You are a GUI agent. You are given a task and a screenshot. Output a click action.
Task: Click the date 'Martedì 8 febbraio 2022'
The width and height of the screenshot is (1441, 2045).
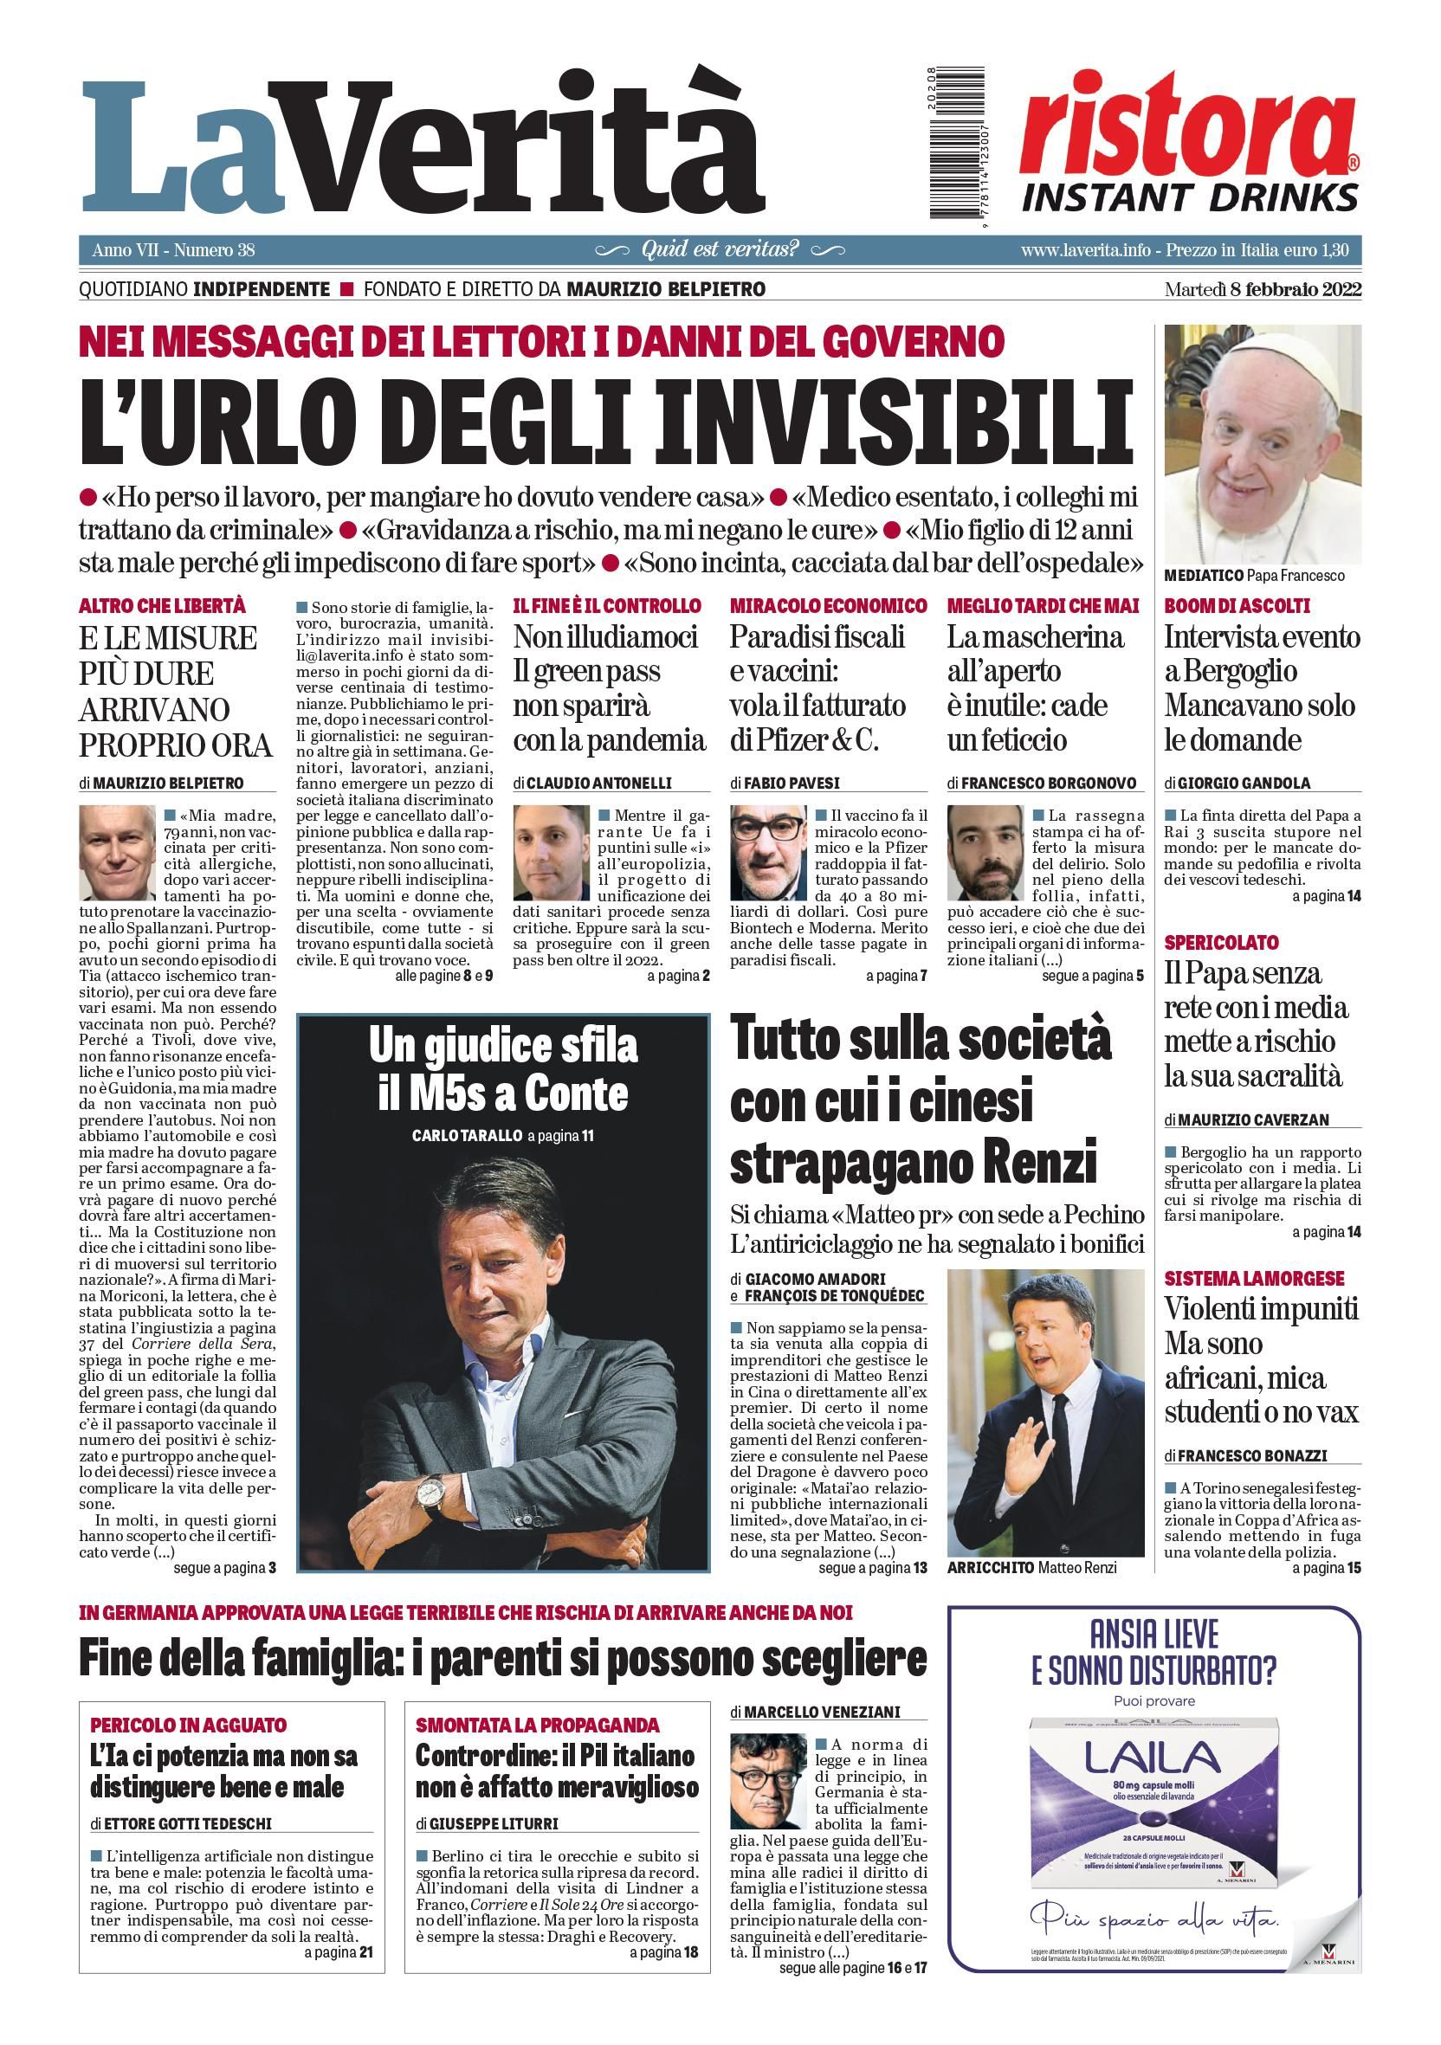[1262, 289]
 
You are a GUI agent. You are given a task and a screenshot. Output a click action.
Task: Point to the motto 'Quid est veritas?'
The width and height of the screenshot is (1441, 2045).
[720, 250]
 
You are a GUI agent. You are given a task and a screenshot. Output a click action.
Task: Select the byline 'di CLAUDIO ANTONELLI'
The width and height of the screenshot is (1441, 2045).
[592, 783]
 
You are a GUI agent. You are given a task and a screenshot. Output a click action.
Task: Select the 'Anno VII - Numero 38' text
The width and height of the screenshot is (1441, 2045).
[173, 250]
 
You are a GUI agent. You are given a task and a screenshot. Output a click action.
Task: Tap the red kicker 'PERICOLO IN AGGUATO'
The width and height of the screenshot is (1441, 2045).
[188, 1726]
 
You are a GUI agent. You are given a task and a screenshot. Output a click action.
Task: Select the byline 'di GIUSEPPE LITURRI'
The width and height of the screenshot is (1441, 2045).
[488, 1823]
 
